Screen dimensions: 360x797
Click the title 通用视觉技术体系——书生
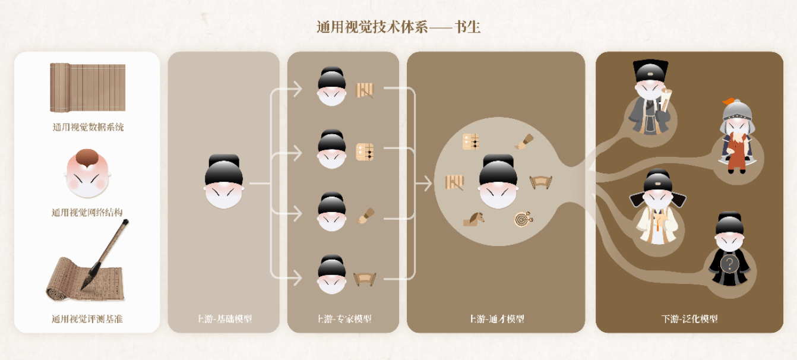[398, 27]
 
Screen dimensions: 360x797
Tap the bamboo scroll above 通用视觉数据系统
[88, 87]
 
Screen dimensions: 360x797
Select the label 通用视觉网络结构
[87, 213]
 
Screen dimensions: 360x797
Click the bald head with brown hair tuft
[88, 173]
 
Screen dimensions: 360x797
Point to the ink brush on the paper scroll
[105, 255]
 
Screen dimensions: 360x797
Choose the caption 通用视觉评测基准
[87, 319]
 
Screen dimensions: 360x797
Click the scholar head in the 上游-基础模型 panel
[223, 181]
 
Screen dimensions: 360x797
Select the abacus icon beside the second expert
[365, 152]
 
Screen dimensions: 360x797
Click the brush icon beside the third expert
[365, 216]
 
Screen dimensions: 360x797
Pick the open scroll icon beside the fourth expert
[365, 279]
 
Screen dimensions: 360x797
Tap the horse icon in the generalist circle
[473, 219]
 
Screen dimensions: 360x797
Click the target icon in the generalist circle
[523, 219]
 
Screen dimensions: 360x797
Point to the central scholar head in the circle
[498, 181]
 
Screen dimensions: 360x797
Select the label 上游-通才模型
[496, 319]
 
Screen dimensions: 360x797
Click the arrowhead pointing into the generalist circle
[426, 183]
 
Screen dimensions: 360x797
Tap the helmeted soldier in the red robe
[736, 138]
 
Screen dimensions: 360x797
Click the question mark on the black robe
[729, 263]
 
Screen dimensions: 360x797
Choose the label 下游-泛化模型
[690, 319]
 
